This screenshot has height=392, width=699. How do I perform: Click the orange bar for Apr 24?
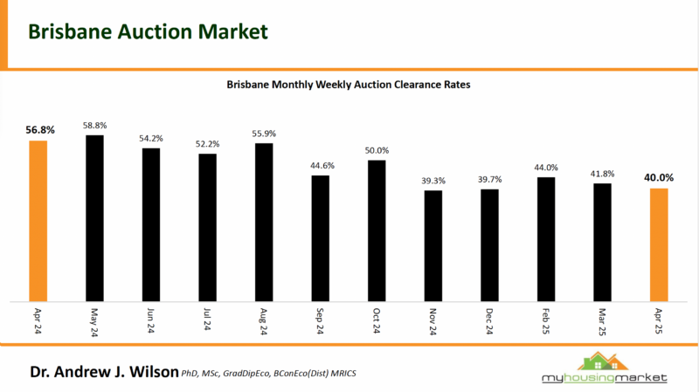point(38,220)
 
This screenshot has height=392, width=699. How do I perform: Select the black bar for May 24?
point(94,217)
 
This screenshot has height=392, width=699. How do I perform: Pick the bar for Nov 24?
point(433,245)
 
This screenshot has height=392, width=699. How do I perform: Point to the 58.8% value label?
point(94,127)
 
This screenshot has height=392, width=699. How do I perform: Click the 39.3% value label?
point(433,181)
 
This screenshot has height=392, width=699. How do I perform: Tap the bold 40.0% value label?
point(659,179)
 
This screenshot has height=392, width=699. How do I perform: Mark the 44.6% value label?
point(321,166)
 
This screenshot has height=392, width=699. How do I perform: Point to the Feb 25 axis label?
point(546,322)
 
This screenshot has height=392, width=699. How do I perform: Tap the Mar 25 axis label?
point(603,322)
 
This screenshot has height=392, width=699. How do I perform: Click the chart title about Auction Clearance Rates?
point(349,86)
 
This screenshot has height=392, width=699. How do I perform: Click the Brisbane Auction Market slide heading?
point(148,31)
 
